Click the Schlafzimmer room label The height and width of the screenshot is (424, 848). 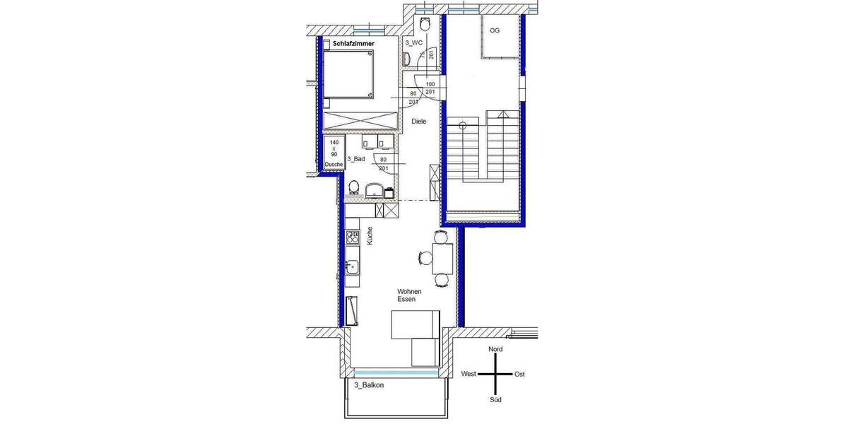pos(353,44)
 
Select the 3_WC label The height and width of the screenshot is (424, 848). pos(413,43)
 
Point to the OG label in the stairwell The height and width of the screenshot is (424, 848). pos(495,30)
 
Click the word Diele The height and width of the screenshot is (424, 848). pos(420,122)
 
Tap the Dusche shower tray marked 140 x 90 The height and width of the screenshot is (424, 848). pos(334,153)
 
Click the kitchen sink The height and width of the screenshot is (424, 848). pos(352,267)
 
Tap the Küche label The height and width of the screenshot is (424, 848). pos(370,236)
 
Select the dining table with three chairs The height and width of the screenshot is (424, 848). pos(443,259)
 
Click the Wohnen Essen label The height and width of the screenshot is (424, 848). pos(409,295)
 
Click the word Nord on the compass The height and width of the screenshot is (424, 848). pos(496,350)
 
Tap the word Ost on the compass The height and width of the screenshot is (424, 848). pos(519,374)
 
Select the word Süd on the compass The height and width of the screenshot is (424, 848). pos(496,400)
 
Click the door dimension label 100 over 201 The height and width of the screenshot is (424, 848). pos(430,88)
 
